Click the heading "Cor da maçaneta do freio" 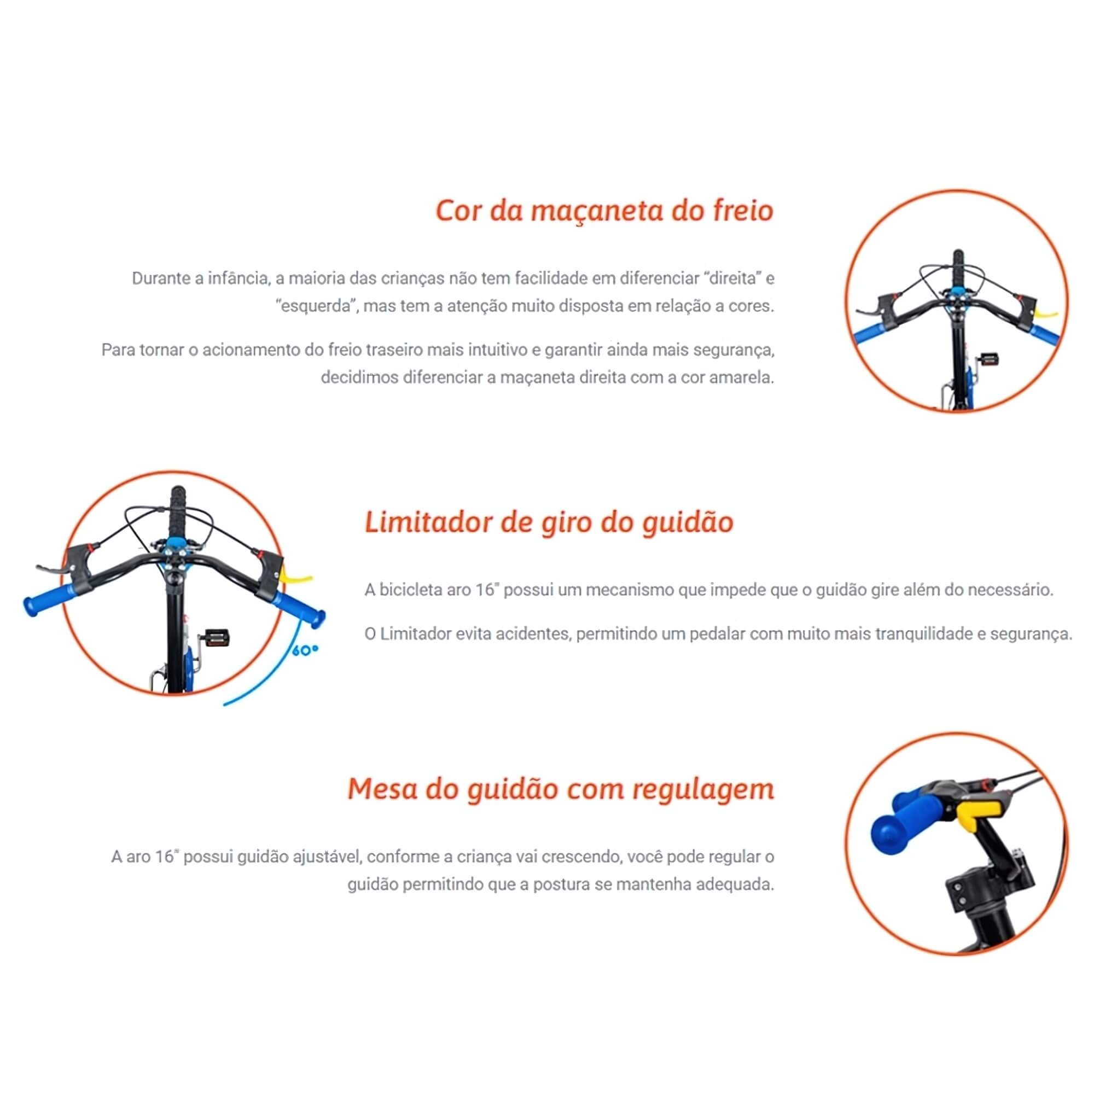click(604, 211)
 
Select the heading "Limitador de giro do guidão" click(549, 522)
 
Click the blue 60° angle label click(305, 650)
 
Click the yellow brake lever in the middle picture click(295, 577)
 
